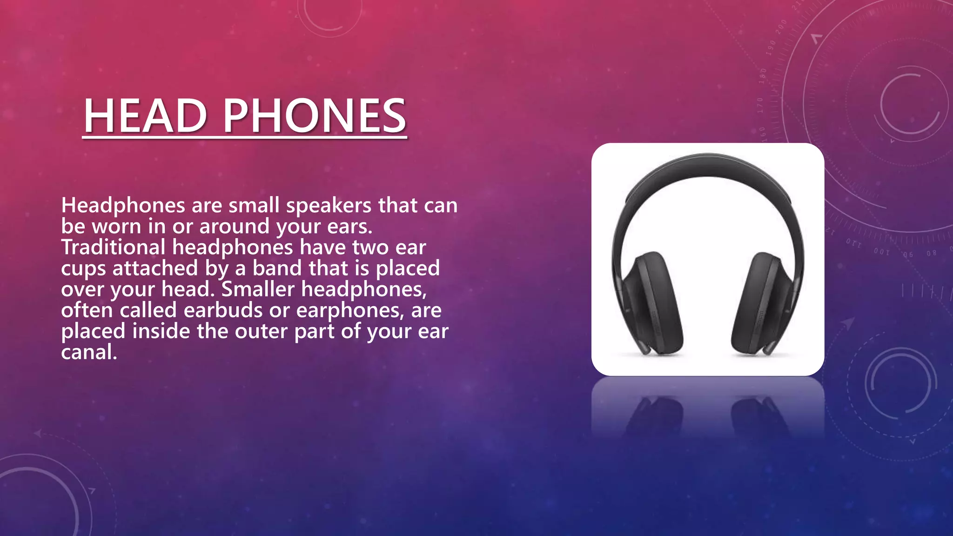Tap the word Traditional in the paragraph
(113, 247)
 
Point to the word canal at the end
(88, 352)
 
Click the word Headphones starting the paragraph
(123, 206)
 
